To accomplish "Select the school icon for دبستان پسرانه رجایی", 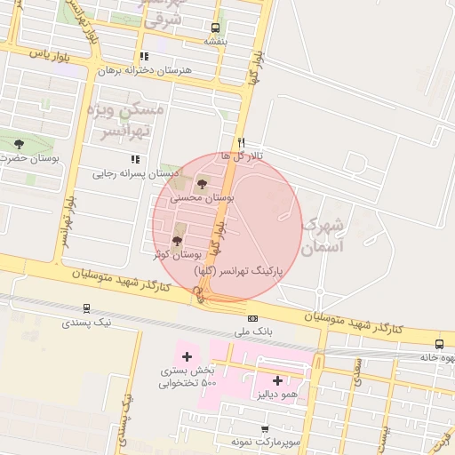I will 135,159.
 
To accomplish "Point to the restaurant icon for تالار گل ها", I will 241,142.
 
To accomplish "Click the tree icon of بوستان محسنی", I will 202,184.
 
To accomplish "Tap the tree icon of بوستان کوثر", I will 177,241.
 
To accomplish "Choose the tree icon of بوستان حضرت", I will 20,144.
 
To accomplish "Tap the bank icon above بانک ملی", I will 253,318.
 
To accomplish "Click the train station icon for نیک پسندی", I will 86,308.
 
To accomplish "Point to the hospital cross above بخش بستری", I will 187,356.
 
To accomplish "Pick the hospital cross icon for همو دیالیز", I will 277,380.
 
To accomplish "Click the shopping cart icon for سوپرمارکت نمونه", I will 265,429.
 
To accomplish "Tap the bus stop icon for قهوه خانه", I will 439,344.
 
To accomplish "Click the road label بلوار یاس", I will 49,53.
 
